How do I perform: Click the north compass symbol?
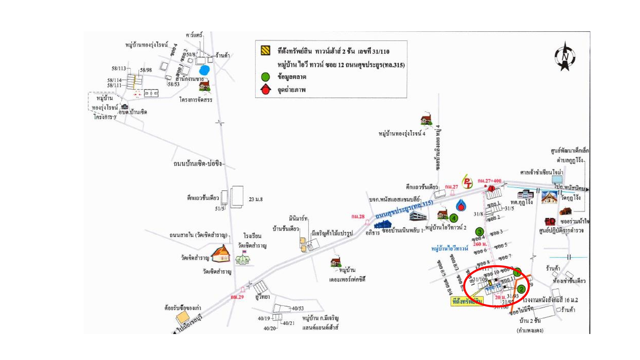565,56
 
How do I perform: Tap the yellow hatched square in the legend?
265,51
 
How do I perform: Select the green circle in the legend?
265,77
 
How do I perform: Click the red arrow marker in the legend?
266,89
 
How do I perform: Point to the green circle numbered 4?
454,218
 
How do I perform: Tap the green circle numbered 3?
479,232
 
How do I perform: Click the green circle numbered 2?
521,289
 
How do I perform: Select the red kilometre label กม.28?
358,217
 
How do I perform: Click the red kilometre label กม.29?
237,297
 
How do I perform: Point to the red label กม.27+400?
489,181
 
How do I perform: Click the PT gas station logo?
468,182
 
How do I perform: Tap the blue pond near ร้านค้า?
204,70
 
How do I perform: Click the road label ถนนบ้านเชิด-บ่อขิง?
198,164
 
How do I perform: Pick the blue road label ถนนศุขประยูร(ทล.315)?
404,210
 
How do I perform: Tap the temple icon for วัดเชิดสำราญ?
221,254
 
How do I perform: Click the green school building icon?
243,259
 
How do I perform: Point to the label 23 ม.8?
256,199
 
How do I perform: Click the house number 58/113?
119,68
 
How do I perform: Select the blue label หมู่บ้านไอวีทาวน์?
450,248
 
